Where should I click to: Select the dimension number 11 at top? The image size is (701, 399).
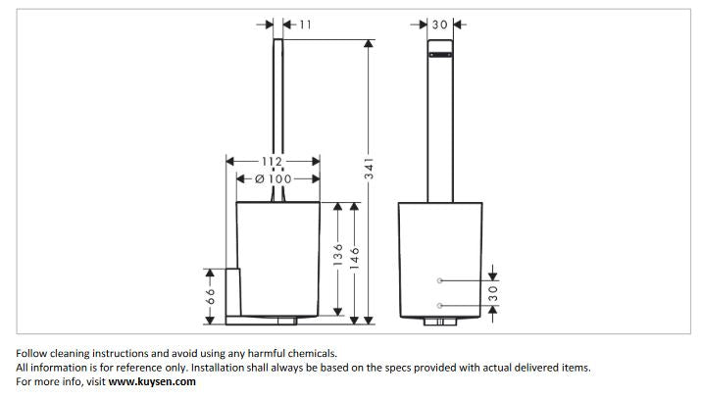point(305,25)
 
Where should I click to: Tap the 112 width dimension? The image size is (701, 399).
point(272,162)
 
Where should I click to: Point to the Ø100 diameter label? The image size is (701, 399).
point(275,178)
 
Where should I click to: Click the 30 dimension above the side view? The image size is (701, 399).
point(440,25)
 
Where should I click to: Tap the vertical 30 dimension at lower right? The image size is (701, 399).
point(493,292)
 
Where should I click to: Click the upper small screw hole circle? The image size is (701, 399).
point(441,280)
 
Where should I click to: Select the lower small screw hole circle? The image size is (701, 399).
point(441,303)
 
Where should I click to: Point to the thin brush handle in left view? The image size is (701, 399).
point(277,118)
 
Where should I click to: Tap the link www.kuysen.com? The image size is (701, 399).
point(152,381)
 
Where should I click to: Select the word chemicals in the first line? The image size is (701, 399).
point(308,353)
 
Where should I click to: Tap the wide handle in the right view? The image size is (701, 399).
point(440,127)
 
